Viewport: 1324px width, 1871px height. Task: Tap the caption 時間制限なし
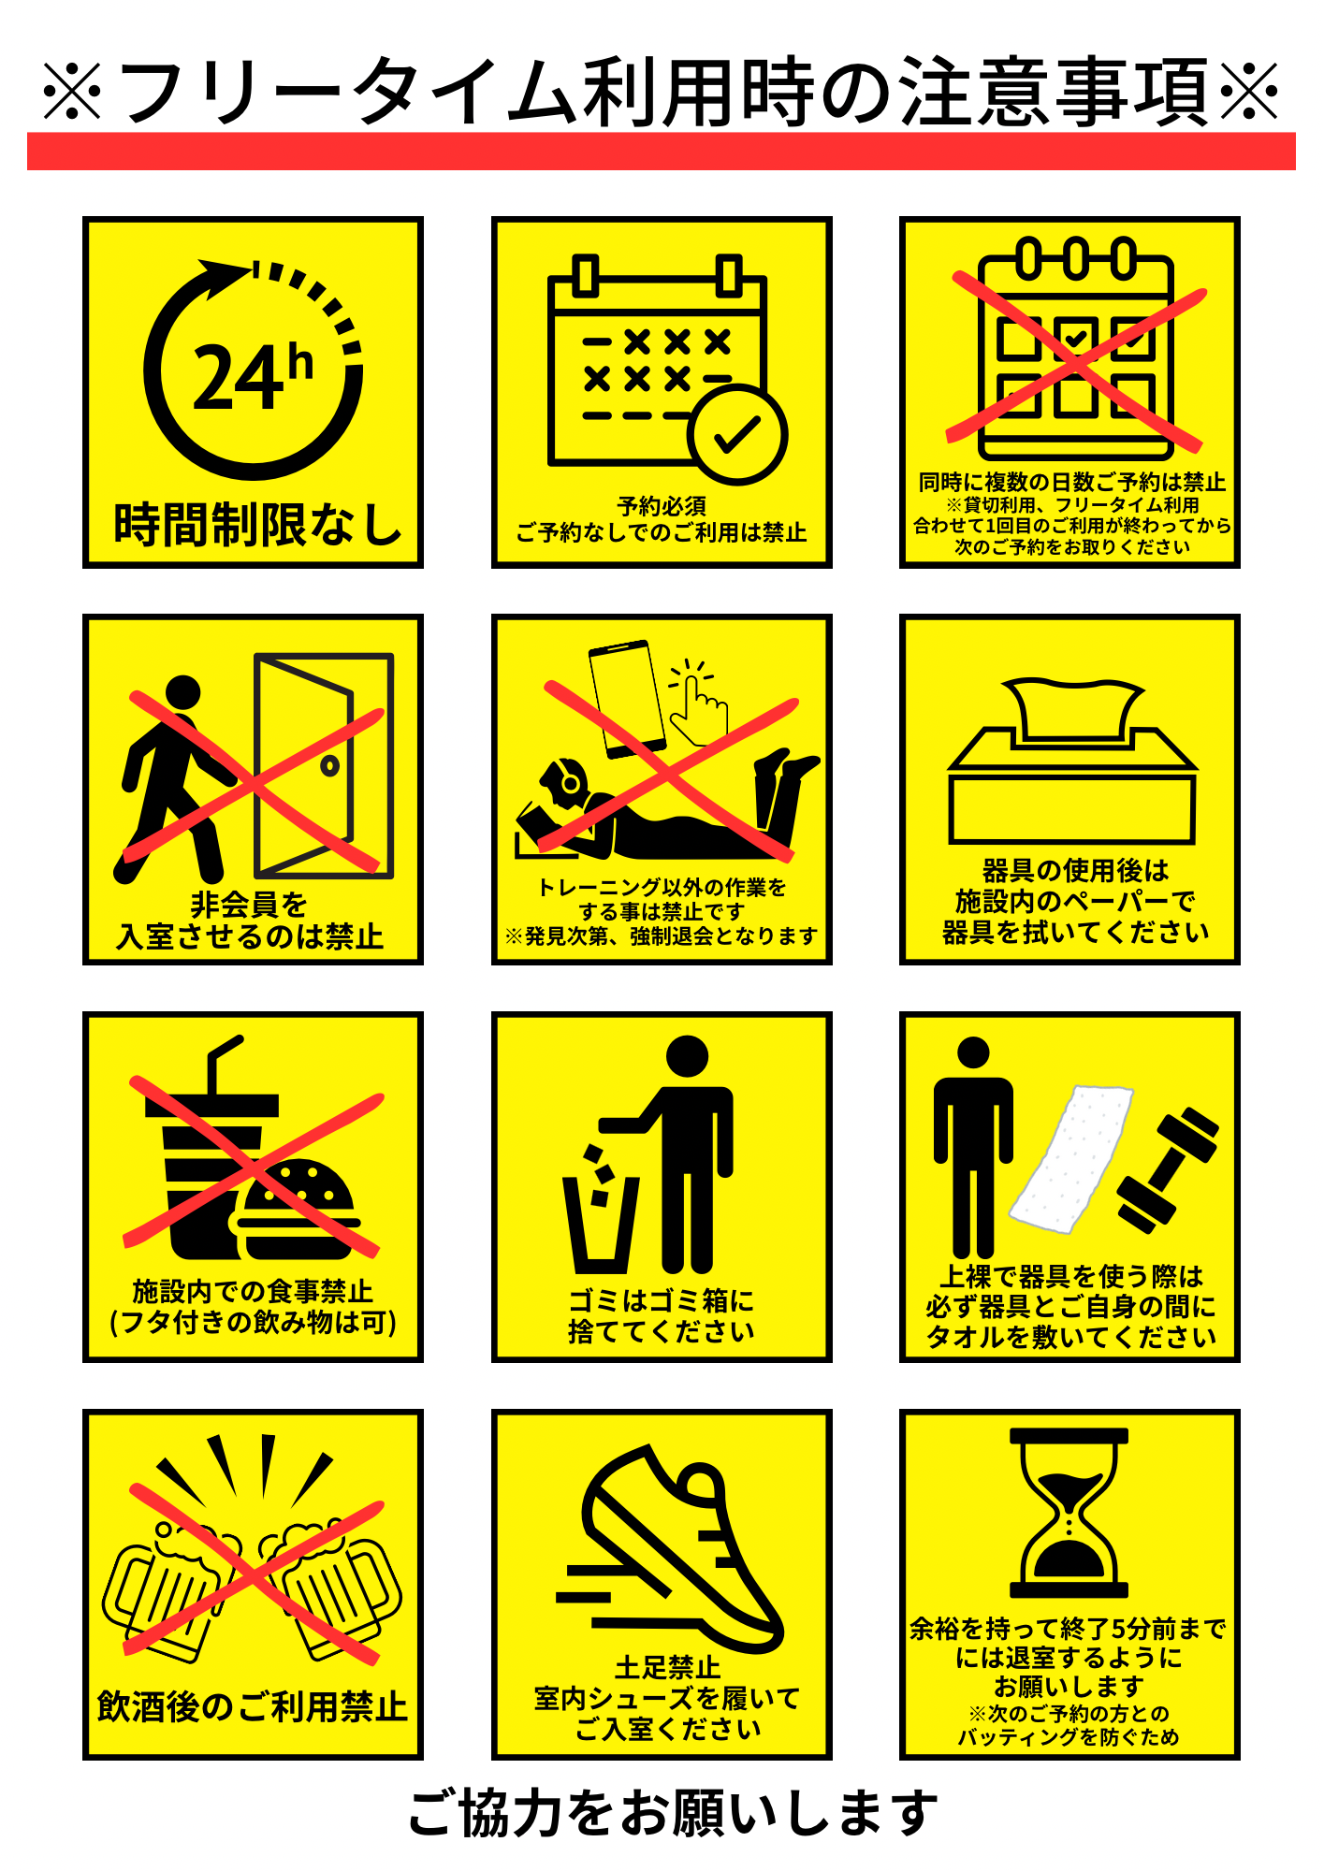257,524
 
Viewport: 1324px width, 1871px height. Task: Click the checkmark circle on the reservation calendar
737,434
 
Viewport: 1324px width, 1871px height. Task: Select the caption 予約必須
662,506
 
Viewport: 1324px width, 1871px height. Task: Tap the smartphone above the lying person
627,697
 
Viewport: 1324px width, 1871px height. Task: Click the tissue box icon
1072,761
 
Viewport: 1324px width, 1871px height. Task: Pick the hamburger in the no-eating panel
296,1209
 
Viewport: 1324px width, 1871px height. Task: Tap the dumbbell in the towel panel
1168,1170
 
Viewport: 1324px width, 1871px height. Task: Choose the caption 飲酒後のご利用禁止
253,1706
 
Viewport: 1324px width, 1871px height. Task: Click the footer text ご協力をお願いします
673,1813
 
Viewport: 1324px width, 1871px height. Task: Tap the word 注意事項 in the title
1055,92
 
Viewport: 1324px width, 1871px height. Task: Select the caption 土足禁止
667,1667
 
